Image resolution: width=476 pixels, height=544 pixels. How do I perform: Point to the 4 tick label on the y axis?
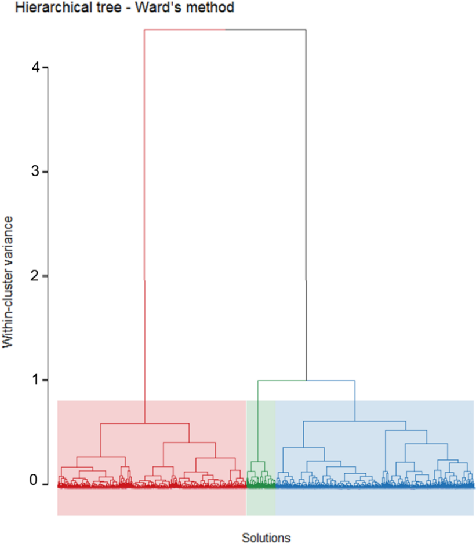click(35, 68)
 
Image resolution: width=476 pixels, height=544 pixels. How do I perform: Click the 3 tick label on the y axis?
click(35, 171)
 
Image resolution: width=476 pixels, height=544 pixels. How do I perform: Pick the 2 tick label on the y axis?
click(35, 276)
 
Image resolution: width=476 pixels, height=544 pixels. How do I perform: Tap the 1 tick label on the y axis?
click(35, 379)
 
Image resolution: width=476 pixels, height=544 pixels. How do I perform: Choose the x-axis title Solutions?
click(266, 538)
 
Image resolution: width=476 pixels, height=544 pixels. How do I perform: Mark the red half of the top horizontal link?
click(184, 30)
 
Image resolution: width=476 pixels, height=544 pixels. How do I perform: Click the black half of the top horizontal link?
click(266, 30)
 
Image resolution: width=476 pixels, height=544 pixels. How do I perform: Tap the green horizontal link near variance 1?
click(282, 381)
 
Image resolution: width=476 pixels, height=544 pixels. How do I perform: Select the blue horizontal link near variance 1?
click(330, 381)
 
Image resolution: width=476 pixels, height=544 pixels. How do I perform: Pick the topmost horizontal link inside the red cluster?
click(145, 424)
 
